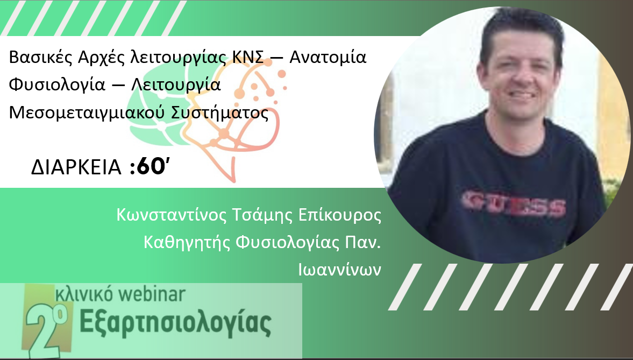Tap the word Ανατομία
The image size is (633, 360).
(x=328, y=57)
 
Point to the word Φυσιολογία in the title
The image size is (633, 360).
(x=57, y=86)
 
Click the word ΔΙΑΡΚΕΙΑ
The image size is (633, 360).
(x=76, y=167)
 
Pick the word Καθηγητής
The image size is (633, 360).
(x=187, y=243)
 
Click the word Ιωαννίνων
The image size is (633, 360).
(x=339, y=270)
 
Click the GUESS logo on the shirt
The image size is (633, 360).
(x=514, y=203)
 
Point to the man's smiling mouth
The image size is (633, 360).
(x=521, y=95)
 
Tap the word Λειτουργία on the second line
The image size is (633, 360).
(x=176, y=86)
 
